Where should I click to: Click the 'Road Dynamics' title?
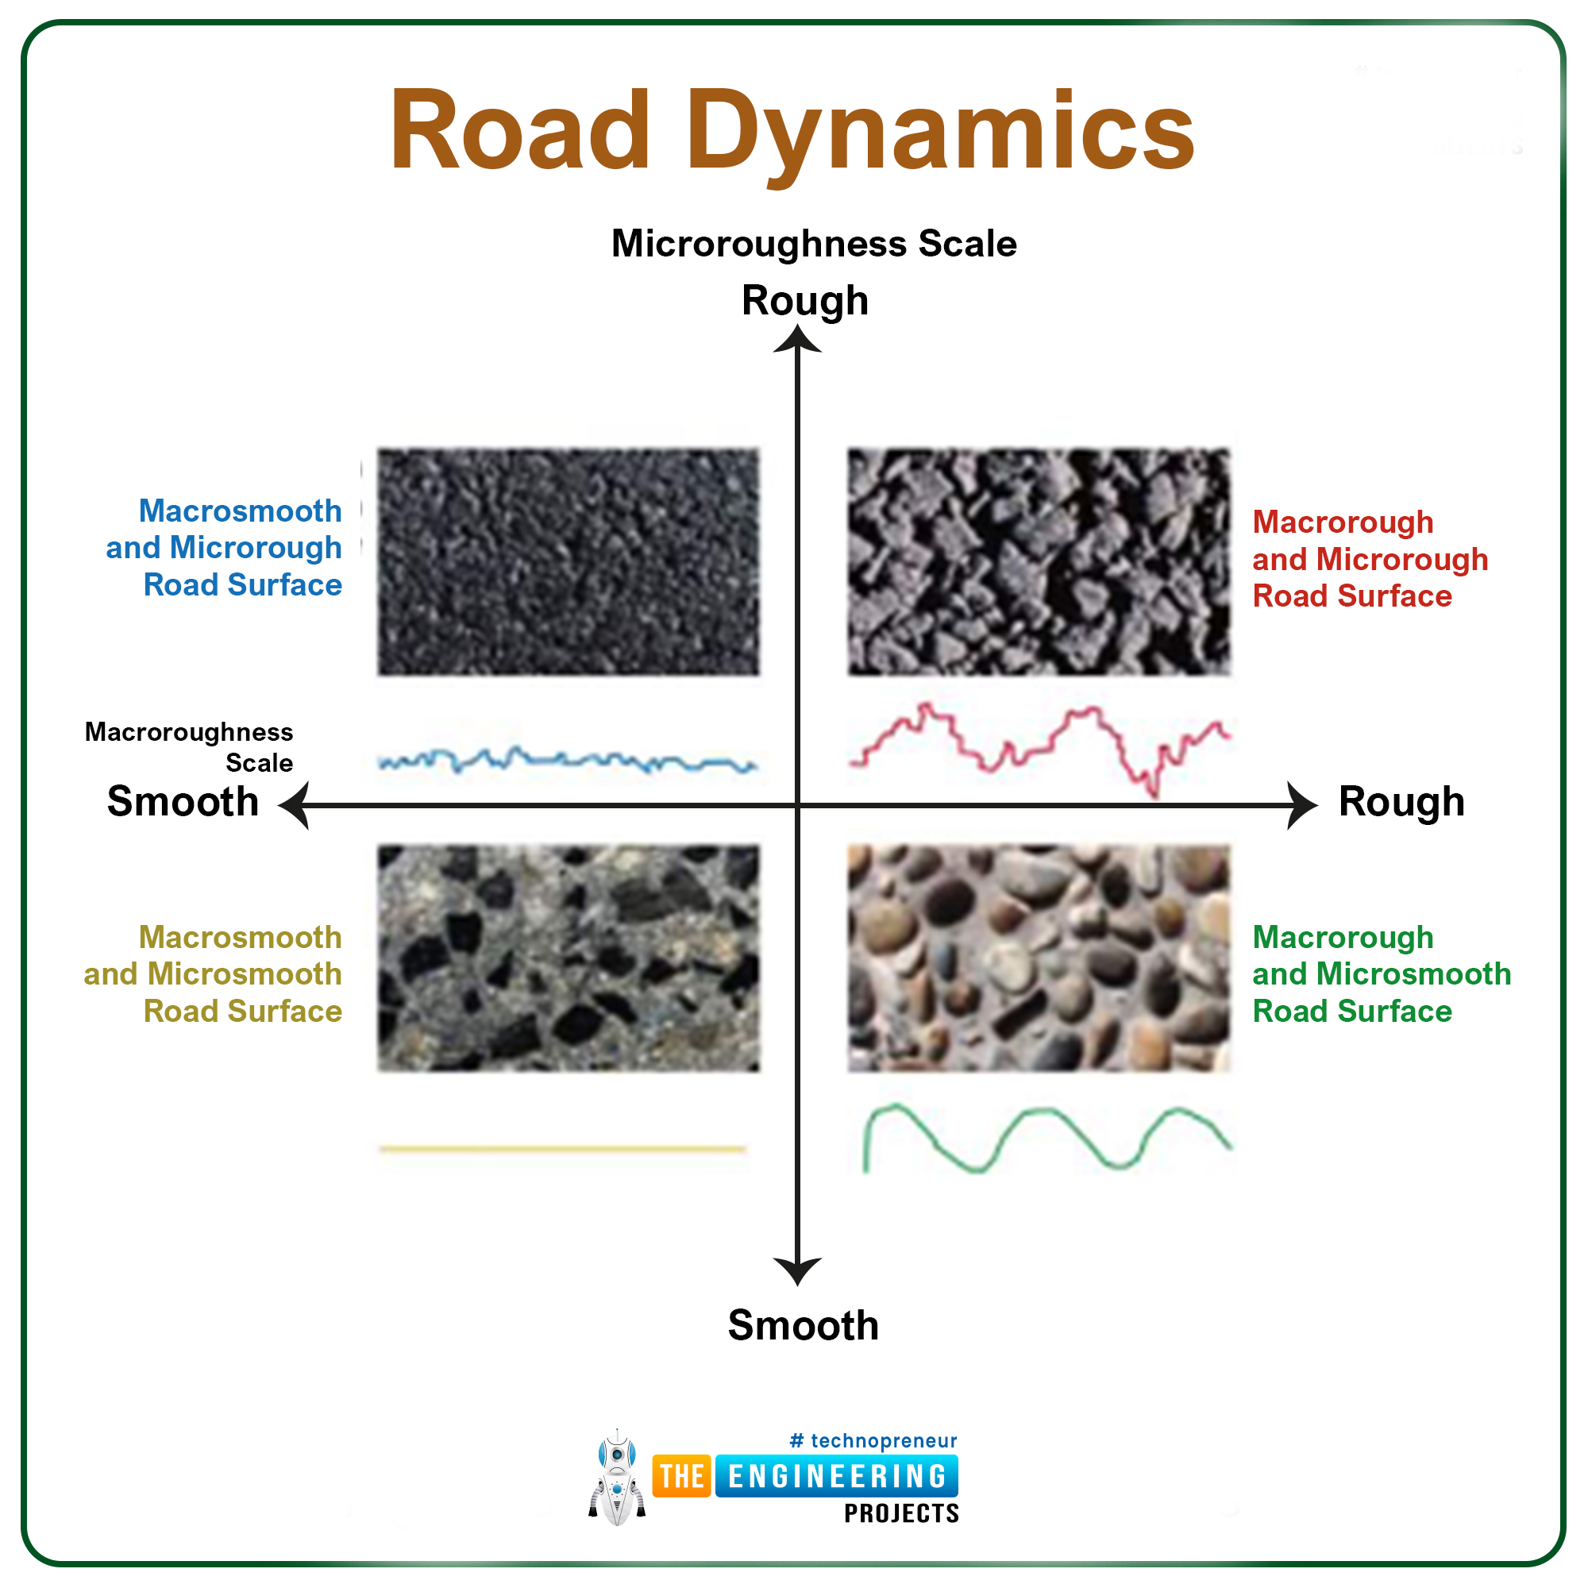coord(792,132)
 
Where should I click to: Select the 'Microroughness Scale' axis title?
coord(814,244)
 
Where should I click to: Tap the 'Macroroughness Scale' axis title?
coord(189,747)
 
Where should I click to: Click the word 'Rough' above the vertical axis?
coord(804,301)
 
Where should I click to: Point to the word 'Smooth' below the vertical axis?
coord(803,1326)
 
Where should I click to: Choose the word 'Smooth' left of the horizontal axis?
coord(183,801)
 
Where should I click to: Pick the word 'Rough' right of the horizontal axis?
coord(1401,802)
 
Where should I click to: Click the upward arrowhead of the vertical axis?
coord(797,339)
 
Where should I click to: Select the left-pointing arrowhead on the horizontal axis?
coord(294,805)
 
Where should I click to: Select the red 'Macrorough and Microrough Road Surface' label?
coord(1370,559)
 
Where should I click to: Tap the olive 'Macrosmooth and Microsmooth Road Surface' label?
coord(213,974)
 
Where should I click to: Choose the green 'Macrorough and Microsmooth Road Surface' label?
coord(1382,974)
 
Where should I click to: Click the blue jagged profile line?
coord(567,760)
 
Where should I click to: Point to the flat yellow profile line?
coord(563,1149)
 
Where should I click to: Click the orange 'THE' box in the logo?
coord(682,1476)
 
